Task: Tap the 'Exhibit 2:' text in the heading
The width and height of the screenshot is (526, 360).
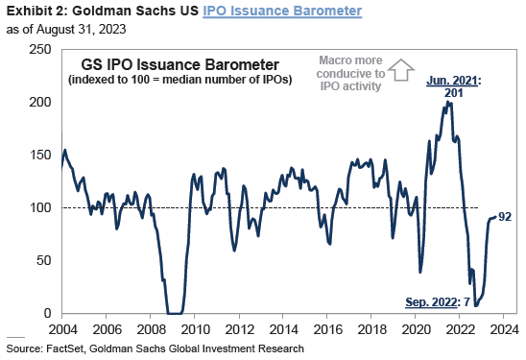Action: tap(31, 11)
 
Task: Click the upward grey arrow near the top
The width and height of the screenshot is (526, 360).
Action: tap(400, 69)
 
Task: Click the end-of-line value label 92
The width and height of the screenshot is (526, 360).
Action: tap(504, 217)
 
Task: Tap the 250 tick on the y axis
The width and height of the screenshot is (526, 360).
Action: tap(40, 48)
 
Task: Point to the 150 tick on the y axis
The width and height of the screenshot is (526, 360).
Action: tap(40, 155)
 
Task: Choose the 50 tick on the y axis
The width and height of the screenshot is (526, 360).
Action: tap(43, 260)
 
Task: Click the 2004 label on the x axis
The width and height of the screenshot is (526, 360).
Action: tap(61, 329)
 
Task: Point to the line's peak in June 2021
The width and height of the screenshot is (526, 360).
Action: tap(448, 101)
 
